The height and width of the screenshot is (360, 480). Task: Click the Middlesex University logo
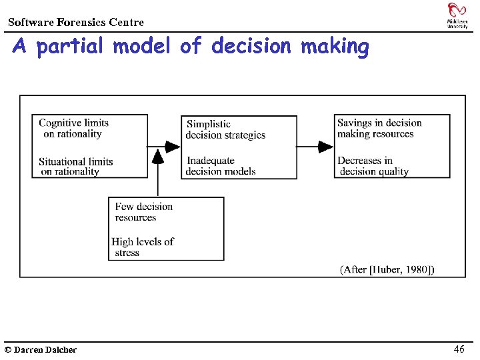pos(457,15)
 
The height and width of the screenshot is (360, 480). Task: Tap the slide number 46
pos(459,349)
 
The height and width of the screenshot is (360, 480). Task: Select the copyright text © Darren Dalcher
pos(41,349)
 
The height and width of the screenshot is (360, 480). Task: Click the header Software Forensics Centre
pos(76,23)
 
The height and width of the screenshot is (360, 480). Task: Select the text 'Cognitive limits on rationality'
pos(73,128)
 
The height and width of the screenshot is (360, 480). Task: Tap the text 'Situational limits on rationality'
pos(75,166)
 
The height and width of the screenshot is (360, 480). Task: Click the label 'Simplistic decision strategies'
pos(225,129)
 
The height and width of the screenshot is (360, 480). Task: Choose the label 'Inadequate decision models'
pos(221,165)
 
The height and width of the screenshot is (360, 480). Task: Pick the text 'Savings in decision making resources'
pos(379,128)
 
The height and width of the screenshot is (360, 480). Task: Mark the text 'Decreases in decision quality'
pos(373,165)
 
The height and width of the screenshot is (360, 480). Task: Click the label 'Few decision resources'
pos(143,211)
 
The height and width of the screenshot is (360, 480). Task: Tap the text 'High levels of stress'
pos(142,247)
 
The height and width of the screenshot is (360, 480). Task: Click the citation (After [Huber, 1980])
pos(387,269)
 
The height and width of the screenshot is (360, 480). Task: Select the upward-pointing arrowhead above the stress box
pos(157,156)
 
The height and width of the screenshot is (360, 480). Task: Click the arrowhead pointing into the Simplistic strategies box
pos(173,146)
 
